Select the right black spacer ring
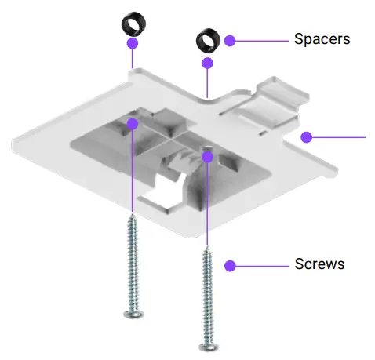[x=207, y=38]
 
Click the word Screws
[x=319, y=264]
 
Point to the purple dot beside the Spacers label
[x=229, y=39]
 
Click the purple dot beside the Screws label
[x=230, y=266]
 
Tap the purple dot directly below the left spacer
[x=132, y=43]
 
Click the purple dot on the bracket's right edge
[x=307, y=137]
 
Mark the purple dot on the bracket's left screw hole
[x=132, y=123]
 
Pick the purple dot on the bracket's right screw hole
[x=207, y=157]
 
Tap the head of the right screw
[x=207, y=346]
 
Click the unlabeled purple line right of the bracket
[x=337, y=136]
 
